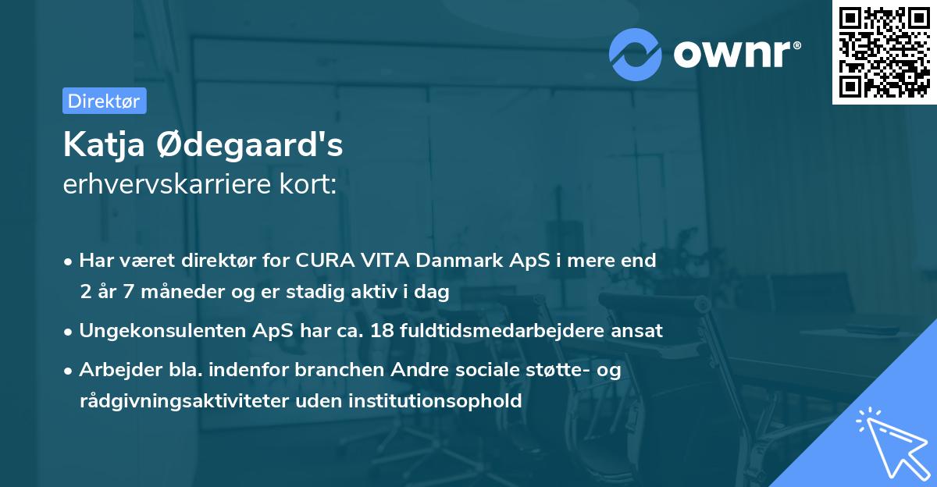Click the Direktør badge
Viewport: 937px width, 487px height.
click(104, 101)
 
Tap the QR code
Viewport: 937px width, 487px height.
click(885, 52)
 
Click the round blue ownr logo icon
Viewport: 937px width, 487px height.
click(636, 54)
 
